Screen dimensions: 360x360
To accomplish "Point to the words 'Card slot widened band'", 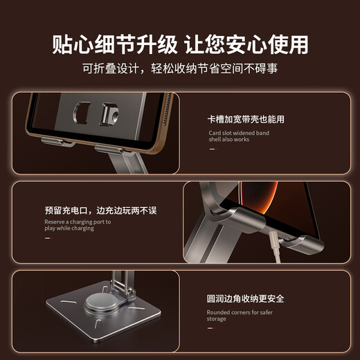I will pyautogui.click(x=239, y=133).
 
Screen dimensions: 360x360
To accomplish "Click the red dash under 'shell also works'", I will pyautogui.click(x=212, y=149).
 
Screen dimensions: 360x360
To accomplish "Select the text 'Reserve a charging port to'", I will pyautogui.click(x=78, y=222).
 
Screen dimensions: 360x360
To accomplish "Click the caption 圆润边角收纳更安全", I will pyautogui.click(x=245, y=299).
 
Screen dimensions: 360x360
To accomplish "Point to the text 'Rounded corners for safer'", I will pyautogui.click(x=240, y=312).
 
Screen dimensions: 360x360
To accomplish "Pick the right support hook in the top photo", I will pyautogui.click(x=111, y=148).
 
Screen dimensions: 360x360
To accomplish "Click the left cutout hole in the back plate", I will pyautogui.click(x=81, y=111).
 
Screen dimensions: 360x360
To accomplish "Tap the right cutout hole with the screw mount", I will pyautogui.click(x=108, y=115).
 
